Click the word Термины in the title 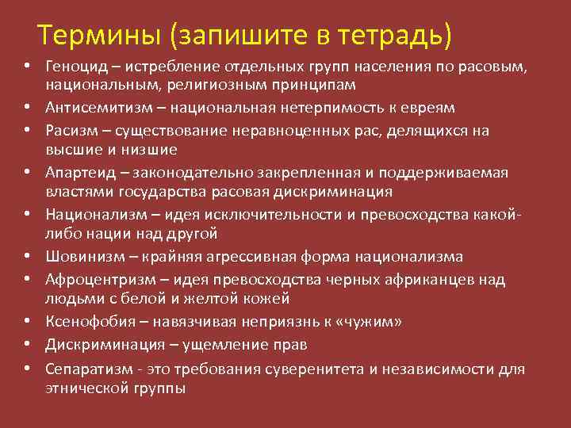tap(96, 34)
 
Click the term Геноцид tap(73, 66)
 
